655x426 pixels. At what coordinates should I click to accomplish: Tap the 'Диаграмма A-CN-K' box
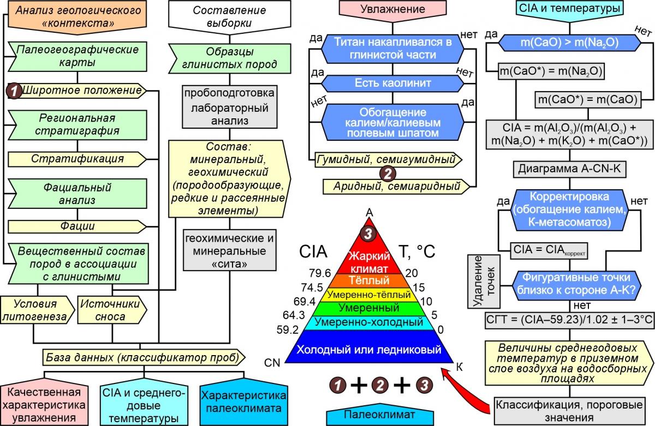(x=570, y=169)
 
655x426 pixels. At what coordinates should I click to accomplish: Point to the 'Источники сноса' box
(x=111, y=310)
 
